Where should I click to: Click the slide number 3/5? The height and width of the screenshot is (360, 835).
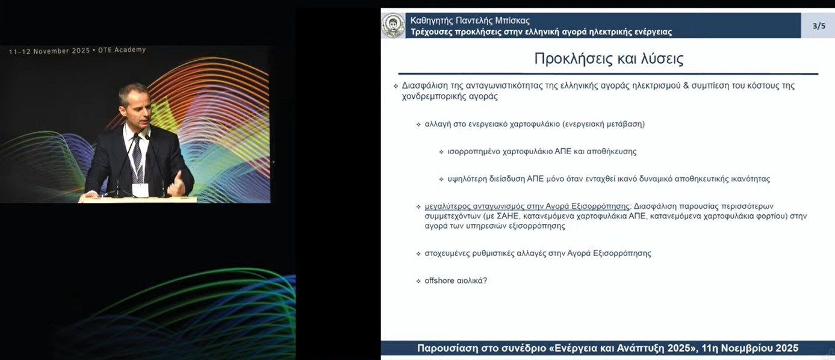[819, 26]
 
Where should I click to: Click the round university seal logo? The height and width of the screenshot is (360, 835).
[393, 25]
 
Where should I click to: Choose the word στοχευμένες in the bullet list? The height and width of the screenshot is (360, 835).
[447, 253]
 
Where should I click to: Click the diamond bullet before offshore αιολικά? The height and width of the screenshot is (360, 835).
[418, 281]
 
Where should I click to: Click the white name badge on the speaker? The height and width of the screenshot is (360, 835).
[140, 190]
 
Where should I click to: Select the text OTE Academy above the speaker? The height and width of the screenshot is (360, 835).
[122, 50]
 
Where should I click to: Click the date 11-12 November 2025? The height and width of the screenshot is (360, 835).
[49, 51]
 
